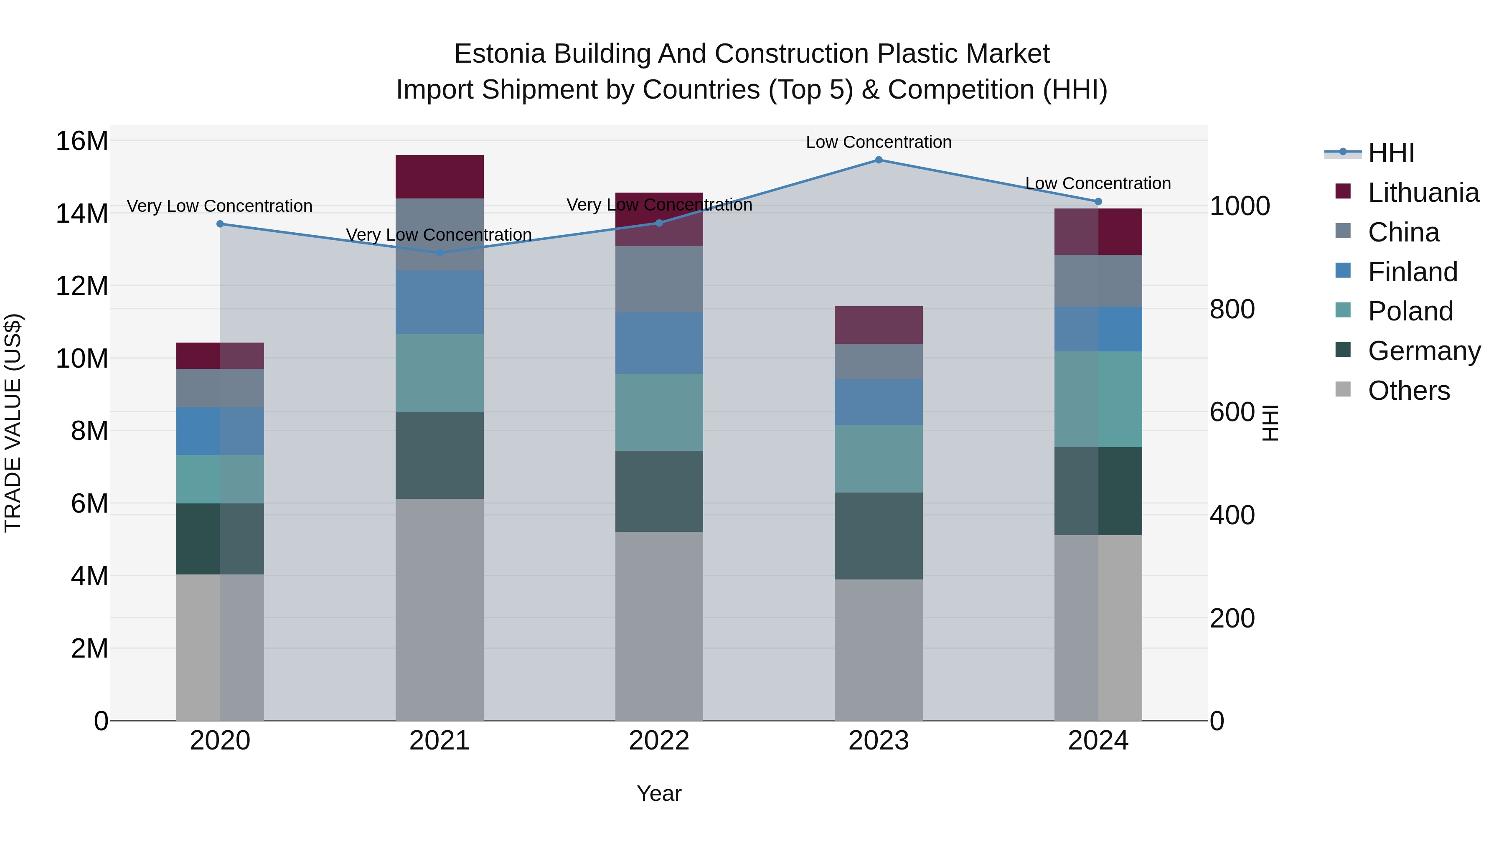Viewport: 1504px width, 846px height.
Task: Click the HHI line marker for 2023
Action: pyautogui.click(x=878, y=160)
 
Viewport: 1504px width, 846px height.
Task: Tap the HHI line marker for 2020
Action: pyautogui.click(x=220, y=224)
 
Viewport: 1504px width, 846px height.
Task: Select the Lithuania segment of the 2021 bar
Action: pyautogui.click(x=439, y=176)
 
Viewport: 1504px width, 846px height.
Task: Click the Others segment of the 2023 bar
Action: pyautogui.click(x=878, y=649)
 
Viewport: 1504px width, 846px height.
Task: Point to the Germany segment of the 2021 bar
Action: pyautogui.click(x=439, y=455)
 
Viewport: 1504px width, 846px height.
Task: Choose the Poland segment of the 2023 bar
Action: pyautogui.click(x=878, y=458)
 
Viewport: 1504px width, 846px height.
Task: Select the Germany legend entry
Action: pyautogui.click(x=1423, y=351)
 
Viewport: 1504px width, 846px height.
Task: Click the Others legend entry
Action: pyautogui.click(x=1408, y=391)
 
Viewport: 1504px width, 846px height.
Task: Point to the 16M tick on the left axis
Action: pyautogui.click(x=82, y=141)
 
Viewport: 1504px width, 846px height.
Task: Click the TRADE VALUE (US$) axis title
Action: pyautogui.click(x=13, y=423)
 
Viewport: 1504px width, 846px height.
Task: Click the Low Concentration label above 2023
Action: pyautogui.click(x=878, y=142)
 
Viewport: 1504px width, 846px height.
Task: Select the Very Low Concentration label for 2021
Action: pyautogui.click(x=439, y=235)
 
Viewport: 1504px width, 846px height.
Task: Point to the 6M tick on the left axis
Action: pyautogui.click(x=89, y=504)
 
